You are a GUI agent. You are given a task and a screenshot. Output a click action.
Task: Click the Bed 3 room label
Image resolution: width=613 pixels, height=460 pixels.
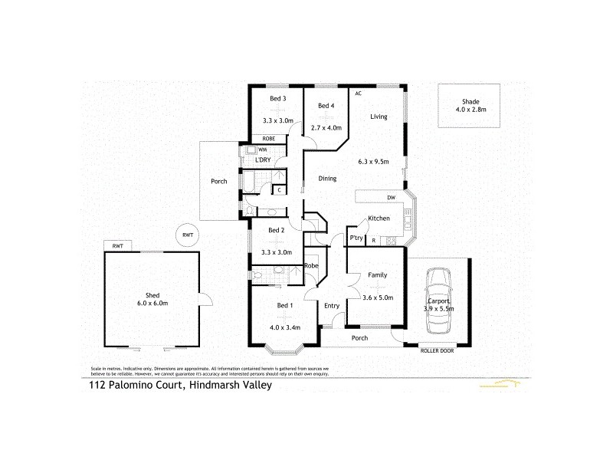[x=277, y=99]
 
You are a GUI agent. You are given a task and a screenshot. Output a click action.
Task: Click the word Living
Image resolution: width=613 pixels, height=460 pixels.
[x=379, y=117]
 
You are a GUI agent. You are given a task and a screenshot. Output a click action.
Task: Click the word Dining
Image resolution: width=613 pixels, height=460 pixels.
[x=328, y=178]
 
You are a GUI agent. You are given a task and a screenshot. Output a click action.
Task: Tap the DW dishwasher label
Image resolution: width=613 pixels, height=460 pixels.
[x=391, y=198]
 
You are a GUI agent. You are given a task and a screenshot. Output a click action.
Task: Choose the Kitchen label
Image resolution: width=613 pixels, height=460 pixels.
[x=379, y=219]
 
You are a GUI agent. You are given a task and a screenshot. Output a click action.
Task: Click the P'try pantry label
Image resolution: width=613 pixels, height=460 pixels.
[x=356, y=238]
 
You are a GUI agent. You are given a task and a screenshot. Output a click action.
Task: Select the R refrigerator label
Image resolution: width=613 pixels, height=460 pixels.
[x=373, y=241]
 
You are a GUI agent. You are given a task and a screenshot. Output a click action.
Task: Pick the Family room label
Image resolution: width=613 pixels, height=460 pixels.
[x=377, y=274]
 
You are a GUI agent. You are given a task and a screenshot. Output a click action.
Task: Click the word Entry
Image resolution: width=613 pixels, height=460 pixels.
[x=332, y=306]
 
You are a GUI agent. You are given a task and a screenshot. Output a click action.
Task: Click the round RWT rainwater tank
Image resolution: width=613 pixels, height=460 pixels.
[x=185, y=235]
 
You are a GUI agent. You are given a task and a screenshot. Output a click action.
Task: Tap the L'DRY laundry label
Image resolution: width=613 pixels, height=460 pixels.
[x=263, y=159]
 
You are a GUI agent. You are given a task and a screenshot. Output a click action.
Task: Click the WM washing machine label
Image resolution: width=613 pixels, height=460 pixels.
[x=262, y=149]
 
